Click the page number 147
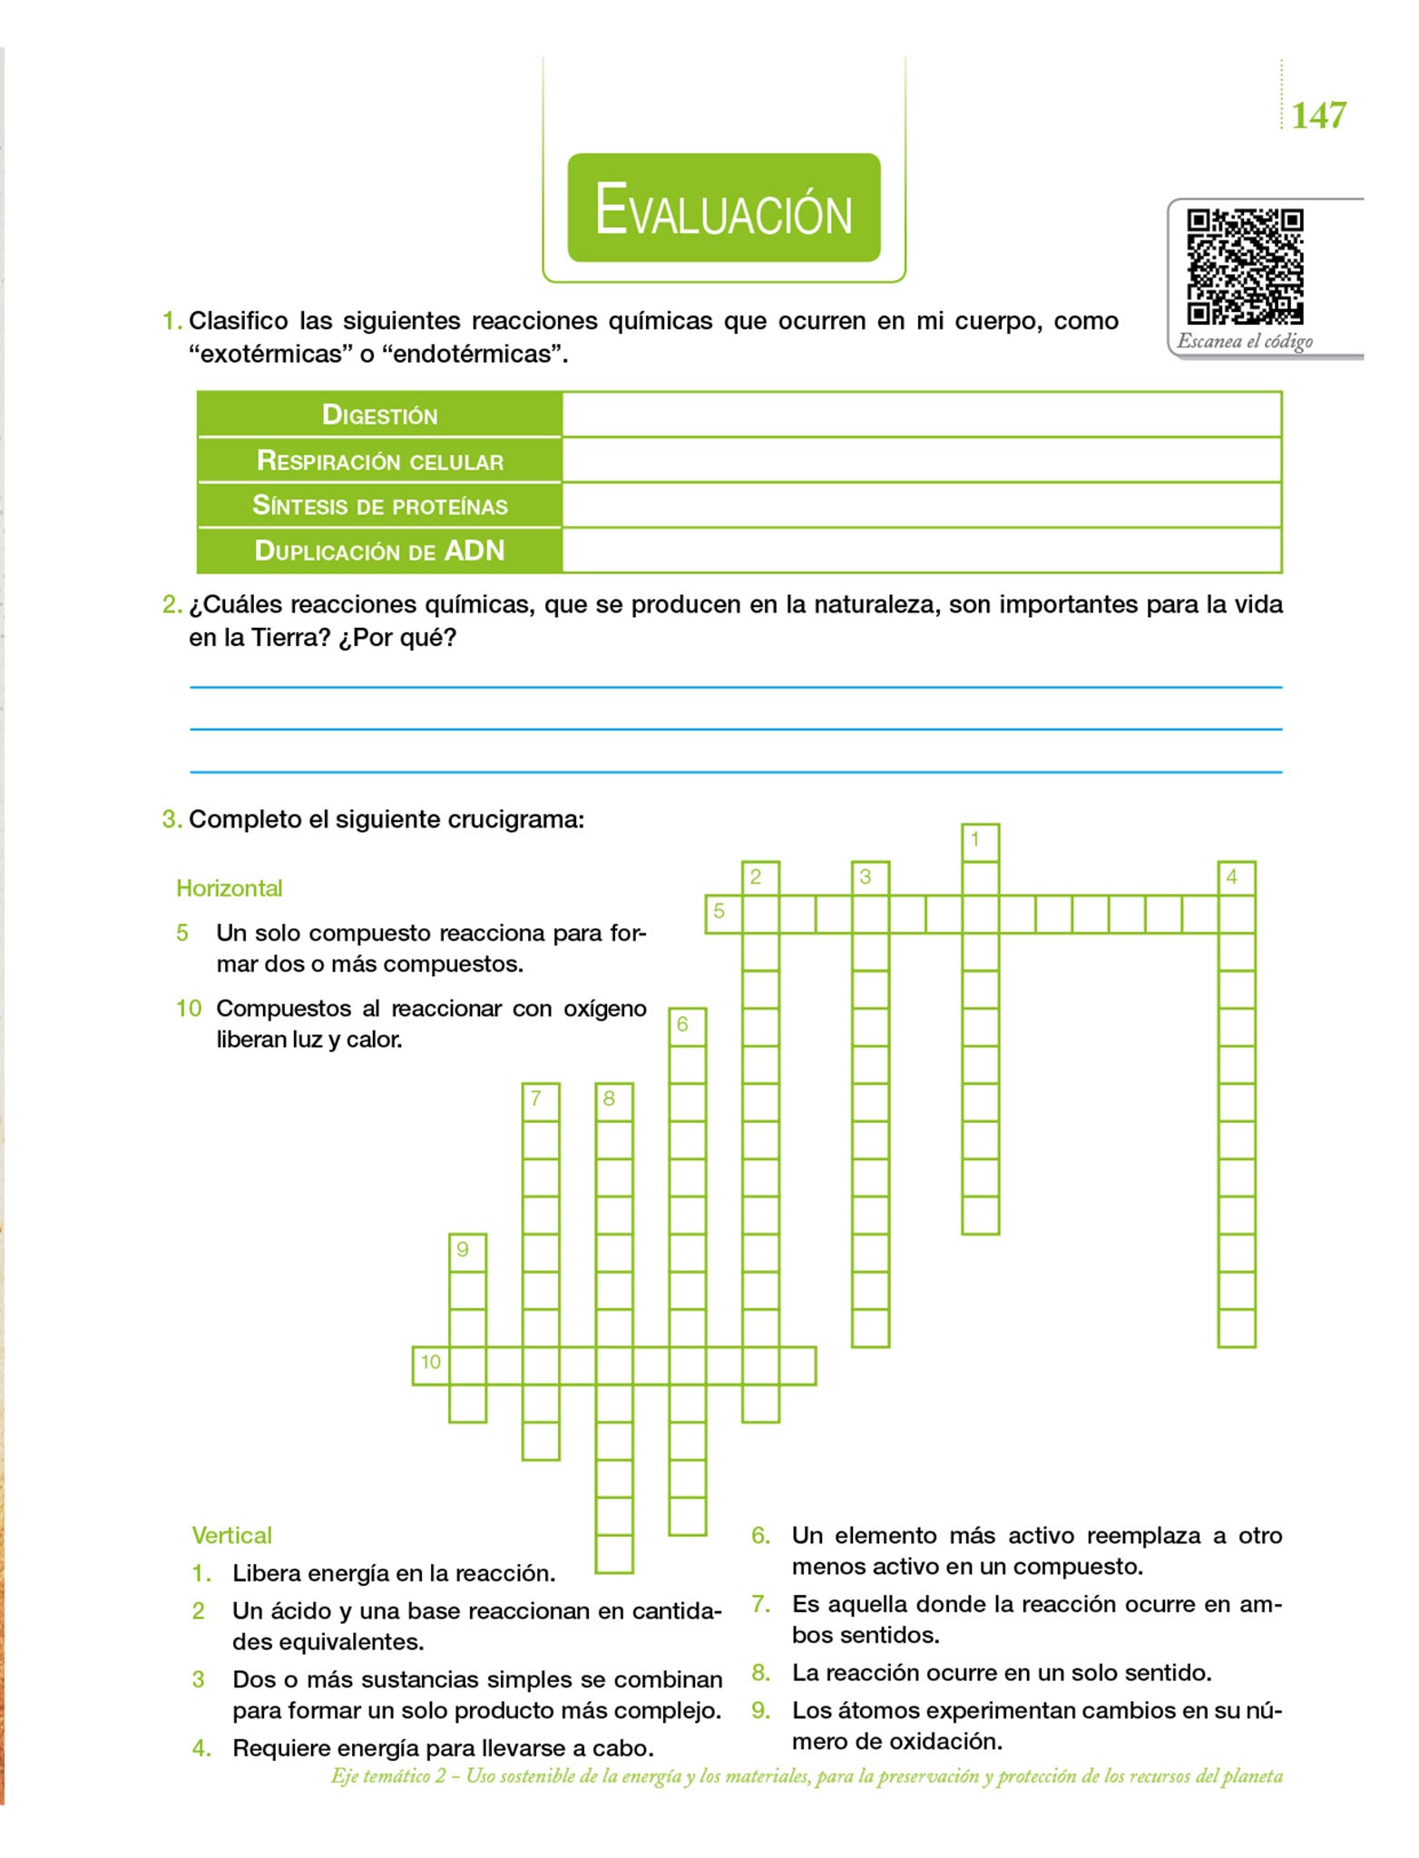coord(1318,115)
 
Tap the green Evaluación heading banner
coord(724,208)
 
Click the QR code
coord(1245,266)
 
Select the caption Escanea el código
coord(1245,342)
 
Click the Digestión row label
coord(379,415)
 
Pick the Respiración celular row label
coord(379,461)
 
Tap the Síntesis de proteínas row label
coord(379,505)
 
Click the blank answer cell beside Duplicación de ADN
coord(921,551)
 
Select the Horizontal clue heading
coord(229,888)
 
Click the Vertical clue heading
coord(231,1535)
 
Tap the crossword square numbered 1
coord(980,842)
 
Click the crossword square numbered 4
coord(1237,879)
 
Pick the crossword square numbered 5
coord(723,914)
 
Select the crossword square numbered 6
coord(687,1026)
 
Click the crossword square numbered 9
coord(467,1252)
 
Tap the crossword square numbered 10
coord(431,1365)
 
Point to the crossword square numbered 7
coord(541,1101)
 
